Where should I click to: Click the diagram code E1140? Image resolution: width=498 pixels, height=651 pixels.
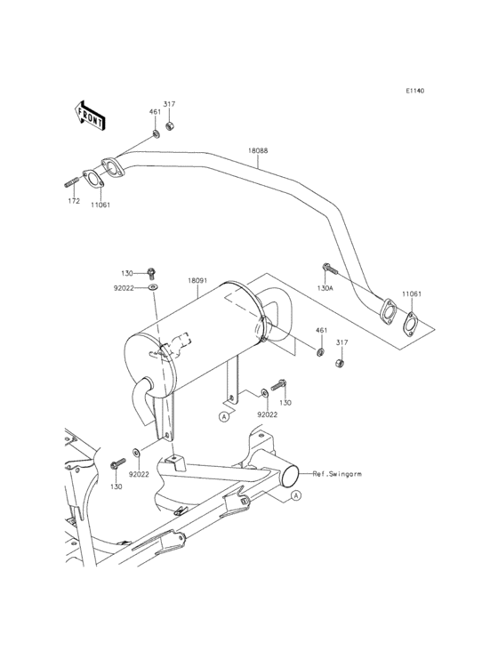pos(415,91)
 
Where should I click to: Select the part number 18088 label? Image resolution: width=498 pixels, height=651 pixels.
pos(259,152)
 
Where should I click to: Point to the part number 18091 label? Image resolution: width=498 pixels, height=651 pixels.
pos(198,280)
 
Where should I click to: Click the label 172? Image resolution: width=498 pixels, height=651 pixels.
pos(74,202)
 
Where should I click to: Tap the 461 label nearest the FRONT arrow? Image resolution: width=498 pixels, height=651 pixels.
pos(155,112)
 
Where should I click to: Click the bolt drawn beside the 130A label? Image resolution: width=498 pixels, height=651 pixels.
pos(328,267)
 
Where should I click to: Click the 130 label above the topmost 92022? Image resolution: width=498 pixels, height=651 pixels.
pos(127,272)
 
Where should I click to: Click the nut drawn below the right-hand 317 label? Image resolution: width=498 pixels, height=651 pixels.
pos(338,363)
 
